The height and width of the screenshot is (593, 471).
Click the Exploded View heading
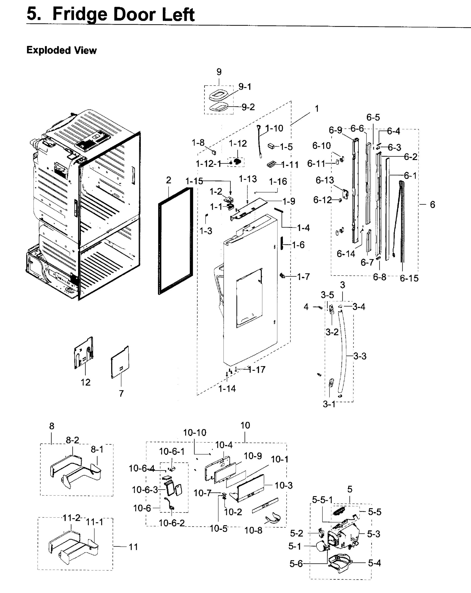pyautogui.click(x=61, y=50)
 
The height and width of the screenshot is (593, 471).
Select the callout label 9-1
pyautogui.click(x=245, y=87)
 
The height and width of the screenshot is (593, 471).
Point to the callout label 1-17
pyautogui.click(x=257, y=370)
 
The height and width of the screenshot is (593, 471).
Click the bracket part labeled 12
pyautogui.click(x=83, y=353)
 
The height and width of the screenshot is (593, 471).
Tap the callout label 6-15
pyautogui.click(x=409, y=278)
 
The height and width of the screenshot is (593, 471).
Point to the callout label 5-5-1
pyautogui.click(x=322, y=500)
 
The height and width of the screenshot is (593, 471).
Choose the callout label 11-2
pyautogui.click(x=71, y=518)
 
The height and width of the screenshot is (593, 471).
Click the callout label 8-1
pyautogui.click(x=97, y=449)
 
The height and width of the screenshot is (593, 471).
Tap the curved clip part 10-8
pyautogui.click(x=273, y=518)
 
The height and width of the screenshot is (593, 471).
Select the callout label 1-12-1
pyautogui.click(x=208, y=164)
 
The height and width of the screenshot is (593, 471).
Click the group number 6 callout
pyautogui.click(x=432, y=204)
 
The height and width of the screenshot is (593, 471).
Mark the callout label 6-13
pyautogui.click(x=325, y=180)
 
